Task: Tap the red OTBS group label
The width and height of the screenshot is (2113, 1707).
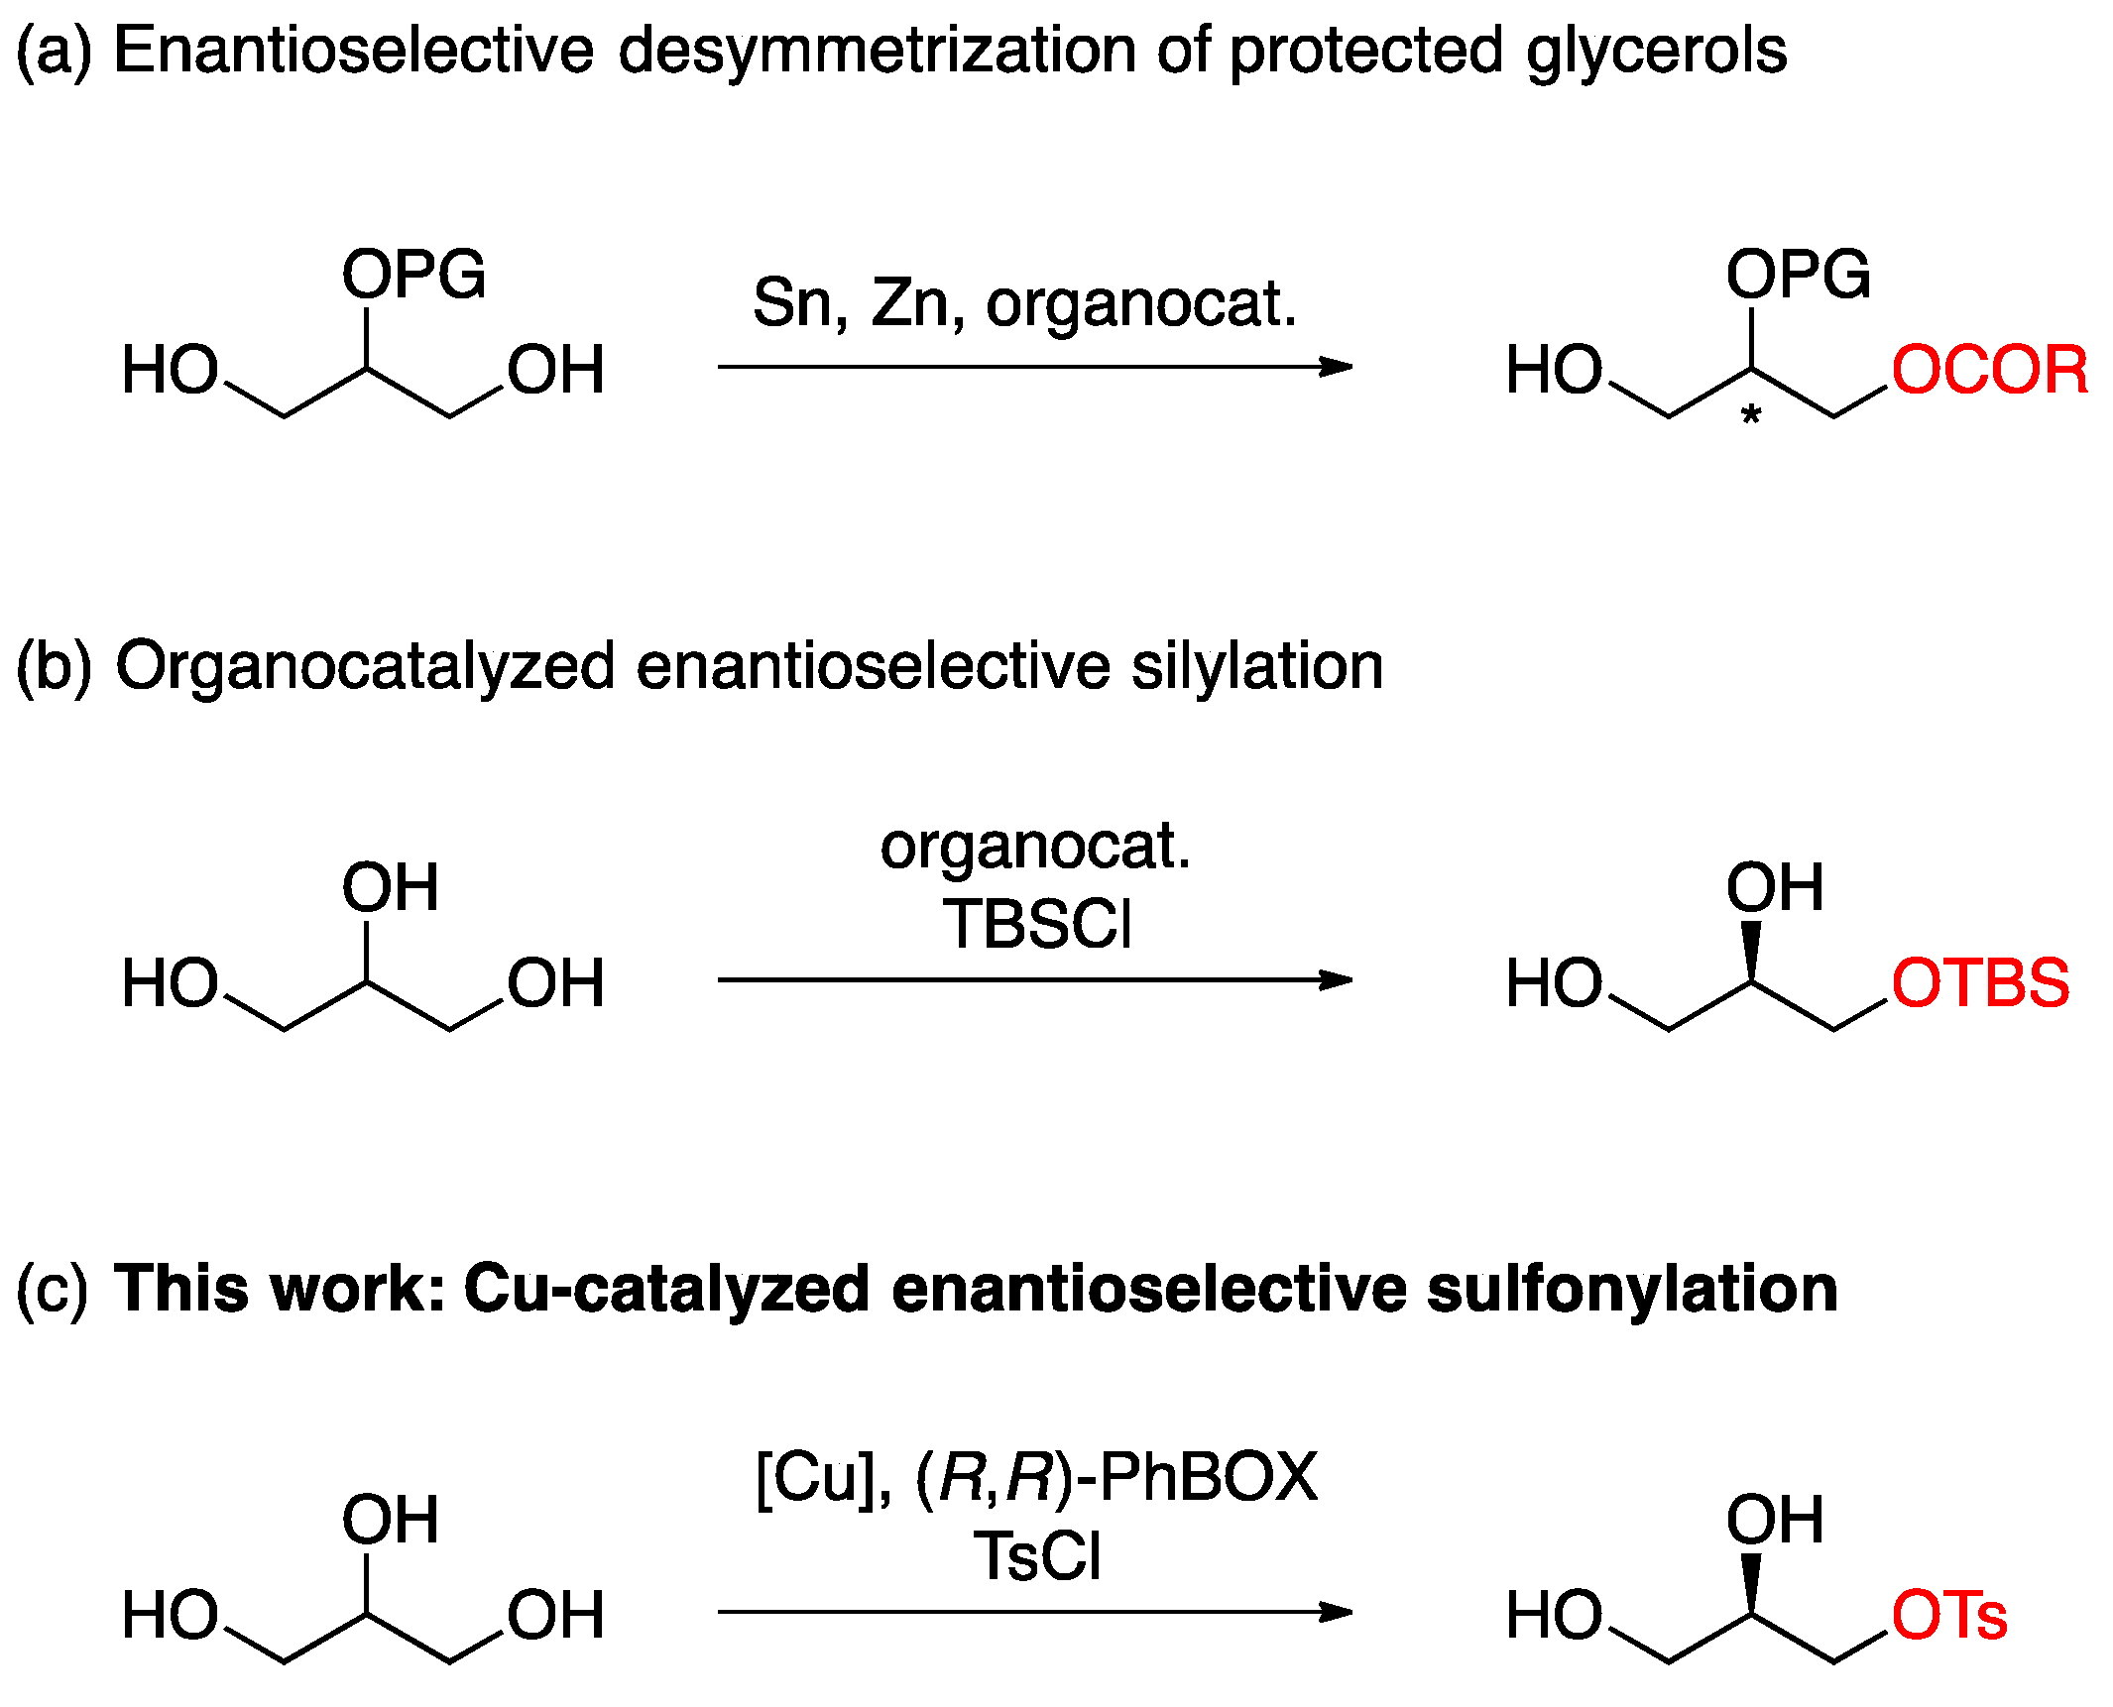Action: coord(1979,983)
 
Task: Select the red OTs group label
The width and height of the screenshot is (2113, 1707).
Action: coord(1948,1615)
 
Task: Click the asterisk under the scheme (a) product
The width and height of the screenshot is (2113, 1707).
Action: coord(1751,417)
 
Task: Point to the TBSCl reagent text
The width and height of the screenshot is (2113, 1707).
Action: coord(1036,924)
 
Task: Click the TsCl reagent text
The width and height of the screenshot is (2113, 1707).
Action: coord(1036,1555)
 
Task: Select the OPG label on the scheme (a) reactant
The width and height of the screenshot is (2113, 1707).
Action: coord(413,275)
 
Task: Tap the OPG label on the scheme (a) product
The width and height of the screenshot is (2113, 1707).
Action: coord(1798,275)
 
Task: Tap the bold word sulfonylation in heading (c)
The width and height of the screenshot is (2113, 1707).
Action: coord(1631,1290)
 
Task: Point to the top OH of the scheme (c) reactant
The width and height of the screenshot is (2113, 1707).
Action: coord(390,1520)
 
